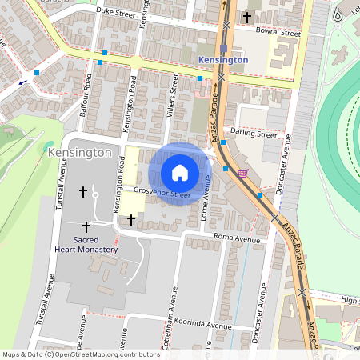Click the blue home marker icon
(180, 173)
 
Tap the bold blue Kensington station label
(223, 59)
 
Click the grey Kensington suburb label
(79, 152)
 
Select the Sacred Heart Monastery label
(86, 244)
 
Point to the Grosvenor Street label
(162, 193)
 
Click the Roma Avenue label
(237, 238)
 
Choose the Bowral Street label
(278, 34)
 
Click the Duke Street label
(115, 12)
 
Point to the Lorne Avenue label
(206, 202)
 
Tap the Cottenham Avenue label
(173, 312)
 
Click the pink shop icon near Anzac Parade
(243, 174)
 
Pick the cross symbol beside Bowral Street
(247, 17)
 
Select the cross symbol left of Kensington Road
(82, 192)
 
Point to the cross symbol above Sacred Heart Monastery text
(86, 227)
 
